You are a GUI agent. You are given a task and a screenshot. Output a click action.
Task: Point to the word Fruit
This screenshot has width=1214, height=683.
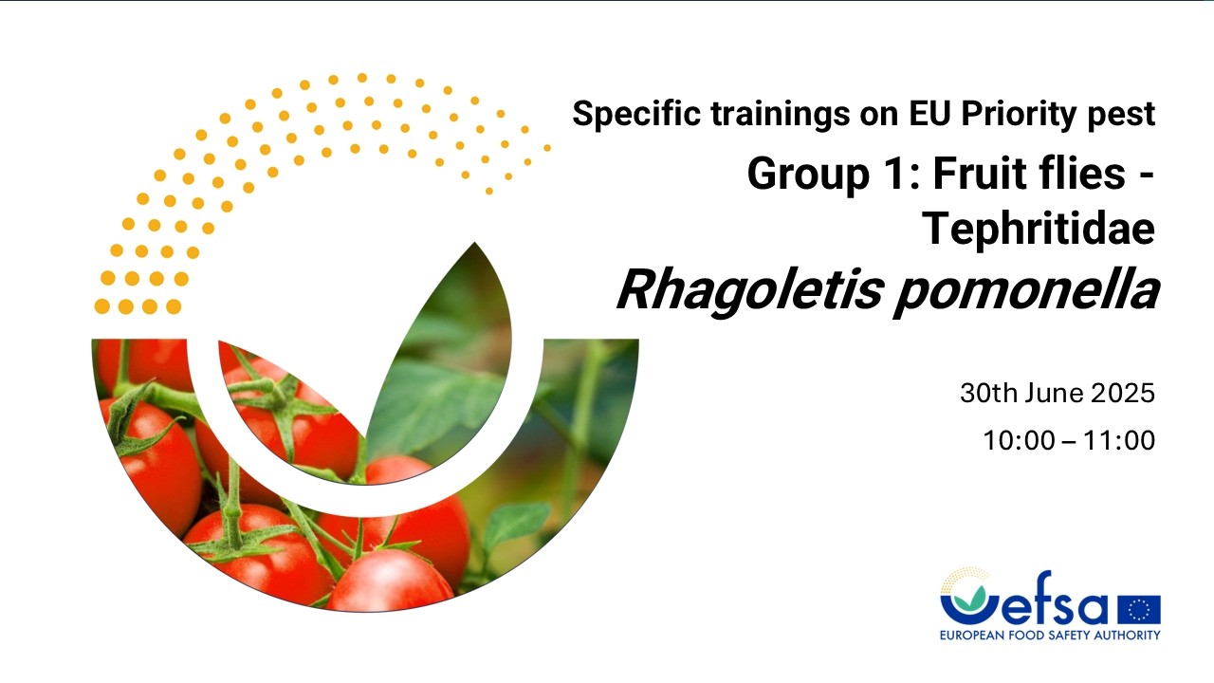pyautogui.click(x=978, y=174)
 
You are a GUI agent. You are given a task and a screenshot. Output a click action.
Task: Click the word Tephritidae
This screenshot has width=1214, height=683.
pyautogui.click(x=1039, y=229)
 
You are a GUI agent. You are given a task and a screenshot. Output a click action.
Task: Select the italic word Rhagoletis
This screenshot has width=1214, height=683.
pyautogui.click(x=749, y=290)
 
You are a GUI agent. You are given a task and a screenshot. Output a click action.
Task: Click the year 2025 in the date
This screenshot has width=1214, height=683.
pyautogui.click(x=1122, y=393)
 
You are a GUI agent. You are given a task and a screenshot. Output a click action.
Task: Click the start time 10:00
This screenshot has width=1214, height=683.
pyautogui.click(x=1019, y=440)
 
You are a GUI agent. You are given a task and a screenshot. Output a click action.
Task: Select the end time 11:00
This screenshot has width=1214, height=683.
pyautogui.click(x=1119, y=440)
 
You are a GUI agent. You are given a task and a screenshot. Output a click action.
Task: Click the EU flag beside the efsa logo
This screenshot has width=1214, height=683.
pyautogui.click(x=1139, y=609)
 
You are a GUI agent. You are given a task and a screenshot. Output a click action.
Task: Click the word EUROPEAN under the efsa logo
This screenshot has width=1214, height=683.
pyautogui.click(x=972, y=635)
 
